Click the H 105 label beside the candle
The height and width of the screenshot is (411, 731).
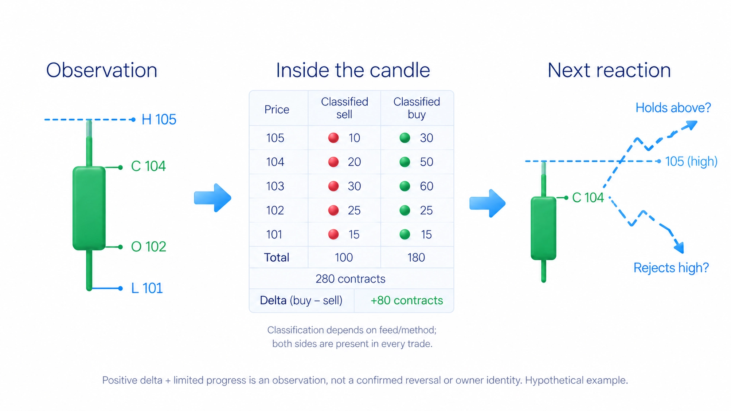tap(159, 119)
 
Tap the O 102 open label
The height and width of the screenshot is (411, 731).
tap(149, 246)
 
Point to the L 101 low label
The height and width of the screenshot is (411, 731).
tap(147, 288)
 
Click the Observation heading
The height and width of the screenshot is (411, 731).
tap(102, 70)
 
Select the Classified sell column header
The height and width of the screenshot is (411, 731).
tap(344, 108)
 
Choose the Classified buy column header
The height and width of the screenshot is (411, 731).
tap(417, 108)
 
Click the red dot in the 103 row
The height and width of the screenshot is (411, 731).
tap(333, 186)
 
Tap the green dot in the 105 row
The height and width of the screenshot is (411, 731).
tap(405, 138)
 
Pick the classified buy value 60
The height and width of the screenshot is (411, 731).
tap(426, 186)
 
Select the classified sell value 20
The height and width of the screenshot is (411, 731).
tap(354, 162)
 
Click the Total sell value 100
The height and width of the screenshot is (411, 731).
tap(344, 257)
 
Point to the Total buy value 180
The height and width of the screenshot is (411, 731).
tap(416, 257)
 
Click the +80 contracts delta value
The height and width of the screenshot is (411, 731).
tap(407, 300)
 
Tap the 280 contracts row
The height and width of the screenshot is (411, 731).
tap(351, 279)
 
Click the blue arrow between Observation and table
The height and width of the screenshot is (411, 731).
tap(213, 198)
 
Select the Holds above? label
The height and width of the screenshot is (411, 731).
tap(673, 108)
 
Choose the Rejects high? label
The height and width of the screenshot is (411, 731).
tap(671, 268)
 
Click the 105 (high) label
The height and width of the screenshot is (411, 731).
tap(691, 161)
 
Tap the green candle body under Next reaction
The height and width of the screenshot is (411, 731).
tap(543, 228)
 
